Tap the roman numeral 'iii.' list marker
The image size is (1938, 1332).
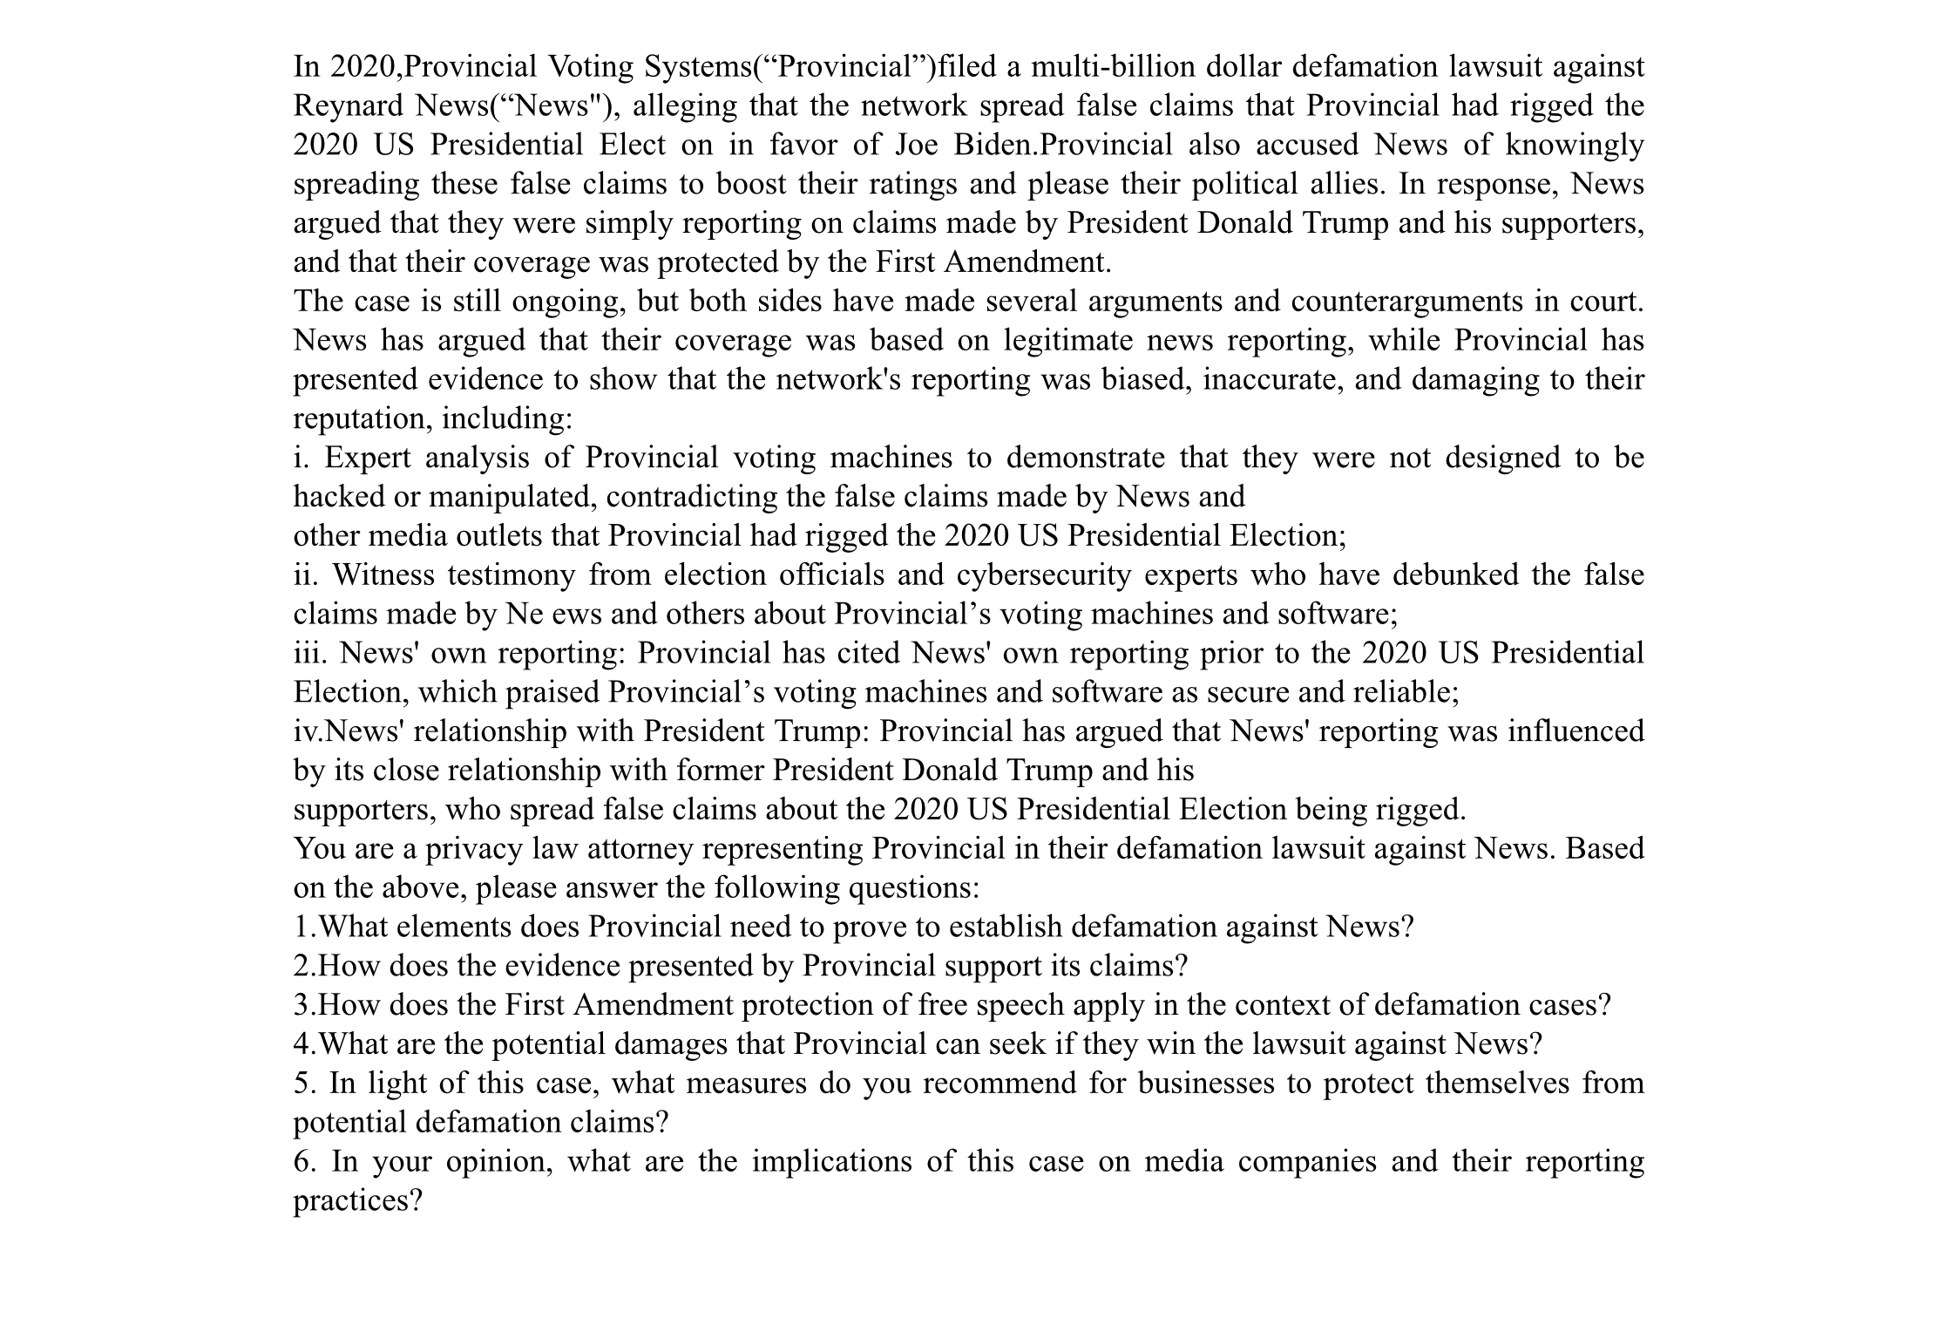tap(308, 653)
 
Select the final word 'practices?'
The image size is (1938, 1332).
tap(357, 1200)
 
